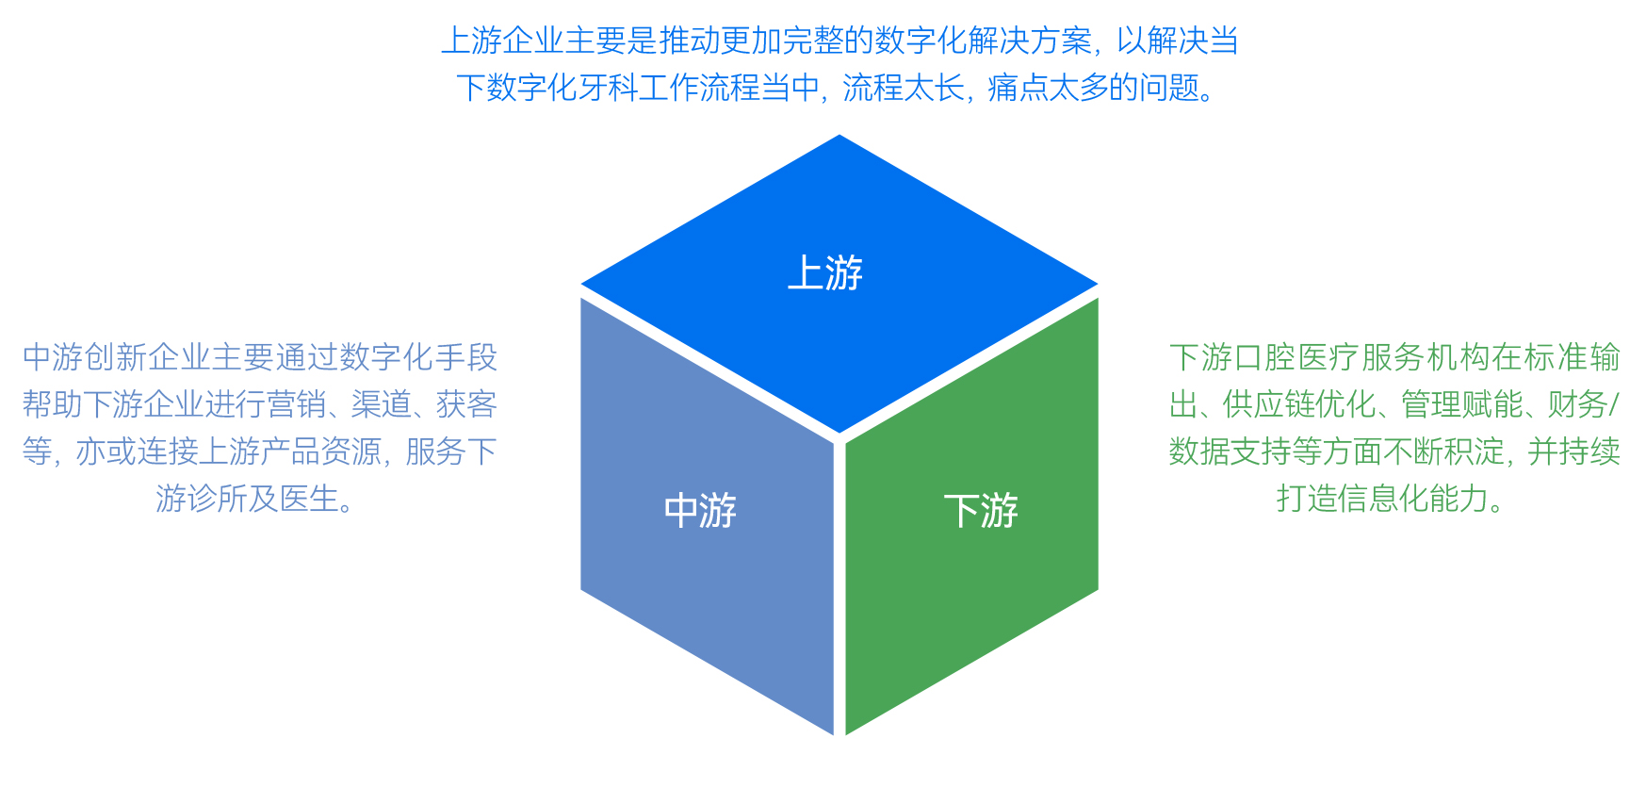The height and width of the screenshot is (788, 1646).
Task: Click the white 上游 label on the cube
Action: (825, 273)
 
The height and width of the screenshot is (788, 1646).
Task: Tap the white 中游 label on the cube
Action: (700, 511)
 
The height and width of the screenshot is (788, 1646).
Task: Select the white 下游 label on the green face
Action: (981, 511)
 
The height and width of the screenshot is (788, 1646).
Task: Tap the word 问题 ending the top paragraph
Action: (1170, 88)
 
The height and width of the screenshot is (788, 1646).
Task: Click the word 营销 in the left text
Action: (297, 404)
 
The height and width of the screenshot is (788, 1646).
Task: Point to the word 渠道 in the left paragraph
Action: (381, 404)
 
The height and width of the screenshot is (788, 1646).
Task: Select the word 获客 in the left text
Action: (466, 404)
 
